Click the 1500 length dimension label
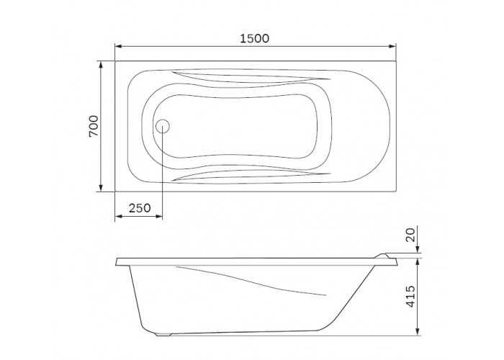pyautogui.click(x=255, y=39)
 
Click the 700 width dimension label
pyautogui.click(x=94, y=126)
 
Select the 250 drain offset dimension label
pyautogui.click(x=140, y=208)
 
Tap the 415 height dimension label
pyautogui.click(x=411, y=296)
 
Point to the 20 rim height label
pyautogui.click(x=410, y=234)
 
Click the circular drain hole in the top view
pyautogui.click(x=163, y=126)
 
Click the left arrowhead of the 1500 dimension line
pyautogui.click(x=119, y=46)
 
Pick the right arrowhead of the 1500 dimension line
pyautogui.click(x=392, y=46)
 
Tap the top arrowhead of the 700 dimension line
pyautogui.click(x=101, y=65)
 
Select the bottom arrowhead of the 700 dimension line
pyautogui.click(x=101, y=188)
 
